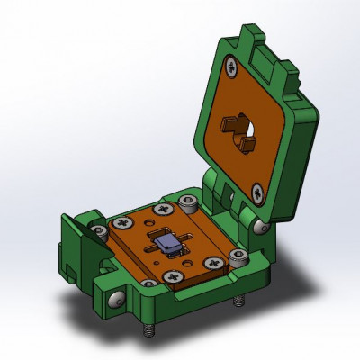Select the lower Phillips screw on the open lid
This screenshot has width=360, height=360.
pos(257,190)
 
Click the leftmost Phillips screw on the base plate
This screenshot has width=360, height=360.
pos(125,221)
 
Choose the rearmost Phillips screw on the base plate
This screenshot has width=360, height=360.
pos(164,209)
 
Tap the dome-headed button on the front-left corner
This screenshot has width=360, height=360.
pos(116,299)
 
